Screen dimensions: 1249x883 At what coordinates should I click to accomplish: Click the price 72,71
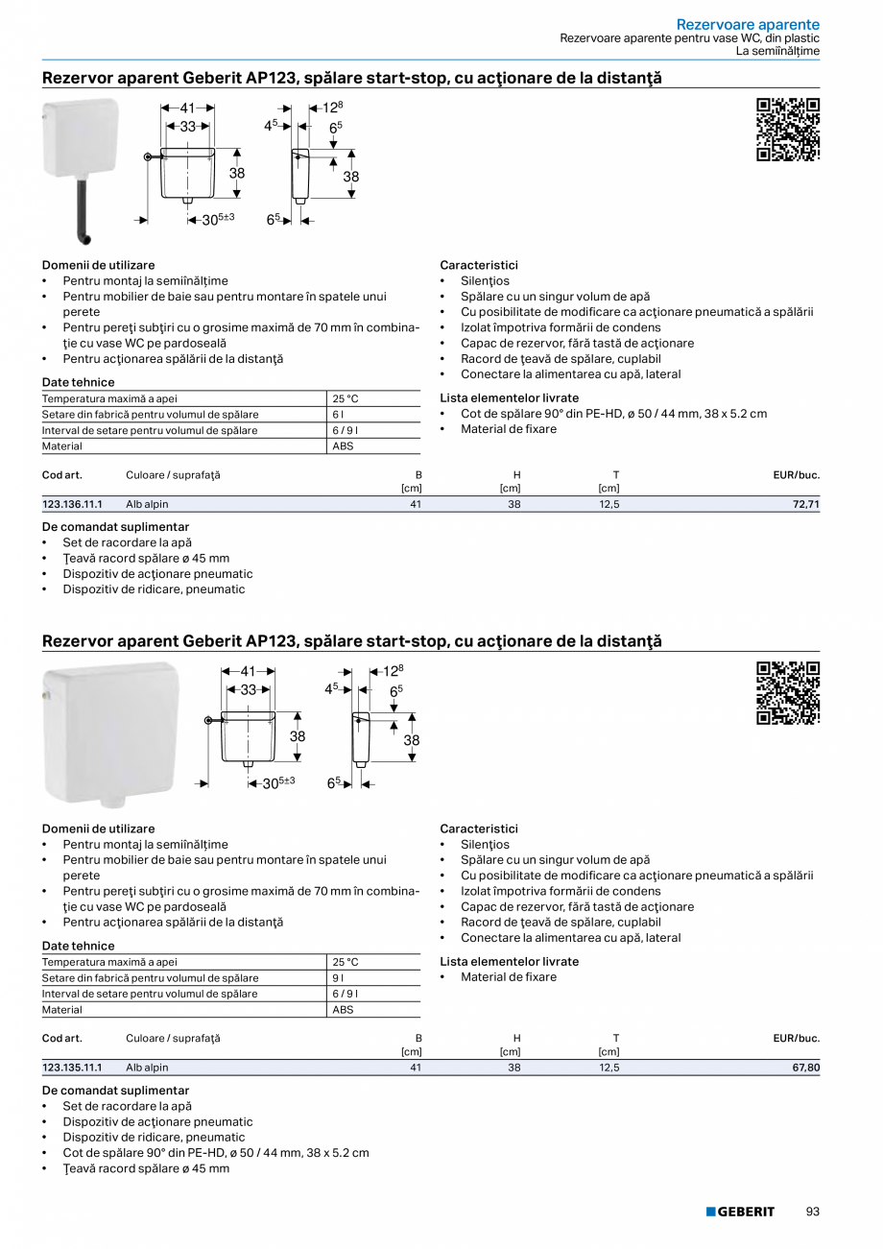click(x=805, y=504)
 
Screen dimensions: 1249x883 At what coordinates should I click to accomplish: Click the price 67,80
click(x=805, y=1068)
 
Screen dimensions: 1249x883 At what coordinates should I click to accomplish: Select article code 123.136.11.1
click(x=72, y=504)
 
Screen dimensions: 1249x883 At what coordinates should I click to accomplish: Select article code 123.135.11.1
click(x=72, y=1068)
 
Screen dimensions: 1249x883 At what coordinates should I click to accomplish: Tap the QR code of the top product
click(x=788, y=130)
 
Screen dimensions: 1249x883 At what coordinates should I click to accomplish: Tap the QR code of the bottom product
click(x=788, y=693)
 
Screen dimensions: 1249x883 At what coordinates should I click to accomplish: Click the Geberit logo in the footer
click(x=740, y=1212)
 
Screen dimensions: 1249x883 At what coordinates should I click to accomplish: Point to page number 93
click(x=812, y=1212)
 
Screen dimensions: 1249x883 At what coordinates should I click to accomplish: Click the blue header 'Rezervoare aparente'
click(x=748, y=24)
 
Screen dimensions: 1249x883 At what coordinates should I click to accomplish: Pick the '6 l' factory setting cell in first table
click(x=339, y=415)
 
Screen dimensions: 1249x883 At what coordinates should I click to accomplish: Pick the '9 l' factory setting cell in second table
click(x=339, y=978)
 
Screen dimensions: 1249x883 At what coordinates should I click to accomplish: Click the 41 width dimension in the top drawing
click(x=188, y=108)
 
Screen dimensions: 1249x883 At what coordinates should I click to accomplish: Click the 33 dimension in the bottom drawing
click(x=248, y=689)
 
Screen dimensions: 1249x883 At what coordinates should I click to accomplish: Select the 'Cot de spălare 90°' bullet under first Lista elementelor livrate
click(x=613, y=414)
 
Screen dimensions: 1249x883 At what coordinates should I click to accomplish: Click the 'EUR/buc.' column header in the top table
click(x=796, y=475)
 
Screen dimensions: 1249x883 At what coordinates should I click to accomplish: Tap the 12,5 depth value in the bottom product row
click(x=609, y=1068)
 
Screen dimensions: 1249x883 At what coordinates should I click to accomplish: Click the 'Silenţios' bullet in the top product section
click(x=485, y=281)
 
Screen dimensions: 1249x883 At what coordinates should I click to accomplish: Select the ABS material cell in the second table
click(x=343, y=1010)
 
